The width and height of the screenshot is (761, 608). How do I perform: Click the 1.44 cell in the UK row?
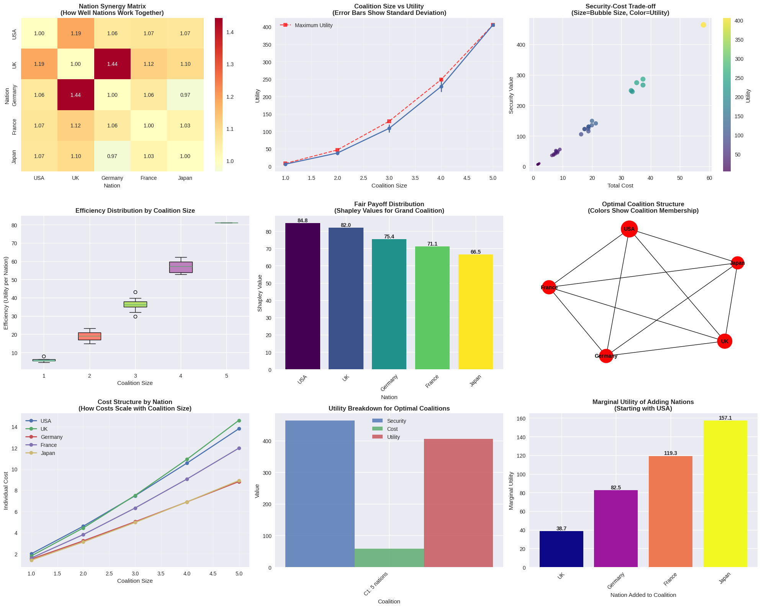(112, 64)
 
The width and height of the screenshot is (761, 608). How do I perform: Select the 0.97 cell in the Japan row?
(112, 156)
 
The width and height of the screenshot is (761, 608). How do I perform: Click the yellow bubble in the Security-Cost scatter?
(703, 25)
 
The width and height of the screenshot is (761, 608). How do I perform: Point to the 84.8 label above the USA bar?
(302, 221)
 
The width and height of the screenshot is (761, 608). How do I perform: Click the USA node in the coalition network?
(629, 229)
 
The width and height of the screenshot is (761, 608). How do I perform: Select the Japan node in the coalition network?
(737, 263)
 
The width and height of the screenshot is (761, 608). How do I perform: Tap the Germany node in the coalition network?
(606, 356)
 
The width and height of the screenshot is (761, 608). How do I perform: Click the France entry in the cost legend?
(48, 445)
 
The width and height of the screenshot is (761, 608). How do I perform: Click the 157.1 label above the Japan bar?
(725, 418)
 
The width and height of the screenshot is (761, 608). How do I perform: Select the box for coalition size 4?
(181, 267)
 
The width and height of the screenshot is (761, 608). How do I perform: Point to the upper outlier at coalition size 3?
(135, 292)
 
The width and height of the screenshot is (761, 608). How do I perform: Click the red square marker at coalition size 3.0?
(389, 121)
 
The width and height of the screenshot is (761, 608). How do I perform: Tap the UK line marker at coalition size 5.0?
(239, 421)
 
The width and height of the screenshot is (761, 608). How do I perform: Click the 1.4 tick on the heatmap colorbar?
(230, 32)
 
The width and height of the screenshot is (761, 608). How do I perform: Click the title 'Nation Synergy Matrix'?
(112, 6)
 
